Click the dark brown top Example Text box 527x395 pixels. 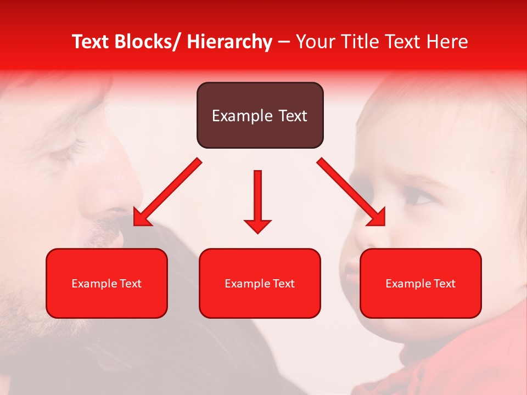(260, 115)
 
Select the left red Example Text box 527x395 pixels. (106, 283)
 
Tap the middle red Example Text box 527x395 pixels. (260, 283)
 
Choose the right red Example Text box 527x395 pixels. (421, 283)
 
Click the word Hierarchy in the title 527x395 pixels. (229, 42)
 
